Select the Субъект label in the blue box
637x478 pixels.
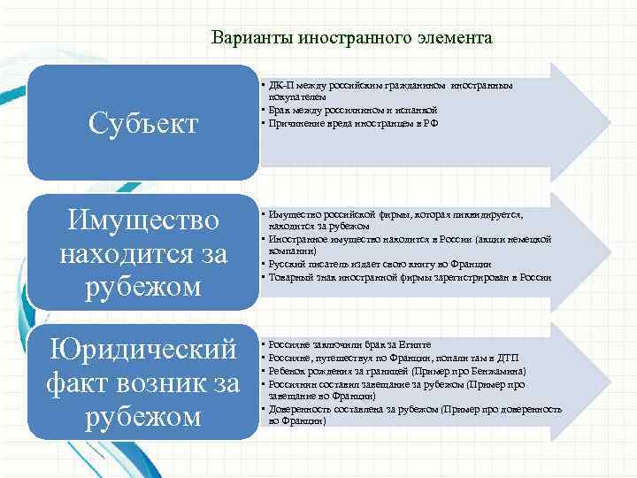143,124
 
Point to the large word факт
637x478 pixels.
80,383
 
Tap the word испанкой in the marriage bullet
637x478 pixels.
406,107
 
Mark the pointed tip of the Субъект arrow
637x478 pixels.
583,114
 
